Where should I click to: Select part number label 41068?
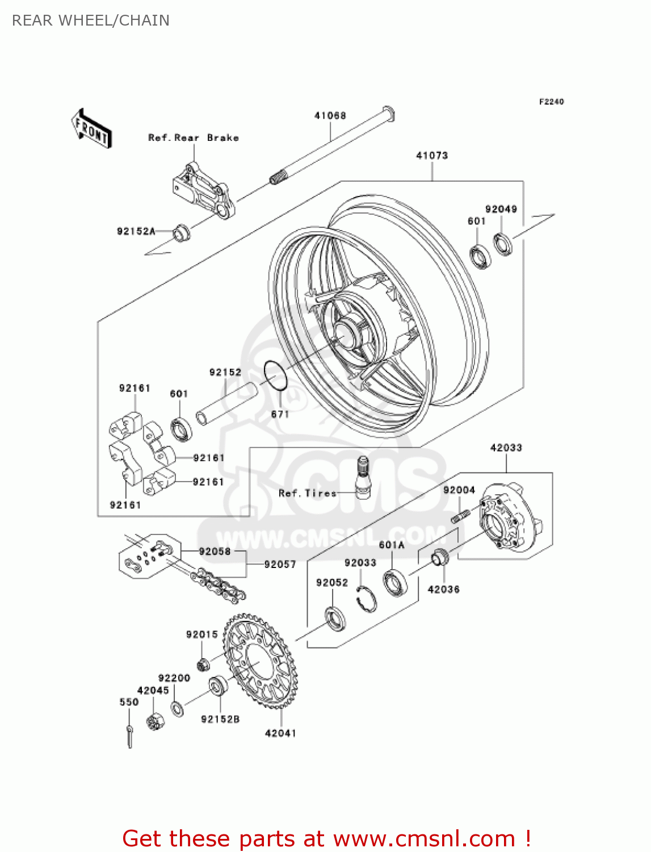(x=330, y=116)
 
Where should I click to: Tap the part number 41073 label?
(x=431, y=156)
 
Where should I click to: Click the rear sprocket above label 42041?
(x=261, y=662)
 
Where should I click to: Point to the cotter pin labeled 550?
(x=130, y=737)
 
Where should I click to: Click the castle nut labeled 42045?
(x=155, y=721)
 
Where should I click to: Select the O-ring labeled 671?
(x=275, y=375)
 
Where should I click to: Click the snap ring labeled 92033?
(x=367, y=599)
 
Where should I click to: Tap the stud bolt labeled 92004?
(x=460, y=517)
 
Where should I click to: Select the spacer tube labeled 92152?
(x=227, y=404)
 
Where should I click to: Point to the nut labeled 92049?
(x=502, y=244)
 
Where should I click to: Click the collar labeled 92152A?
(x=180, y=232)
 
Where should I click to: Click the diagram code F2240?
(x=551, y=102)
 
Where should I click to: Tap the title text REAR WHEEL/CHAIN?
(x=91, y=20)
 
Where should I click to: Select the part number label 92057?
(x=280, y=565)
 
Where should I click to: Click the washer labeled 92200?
(x=178, y=709)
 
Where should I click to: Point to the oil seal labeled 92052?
(x=335, y=619)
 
